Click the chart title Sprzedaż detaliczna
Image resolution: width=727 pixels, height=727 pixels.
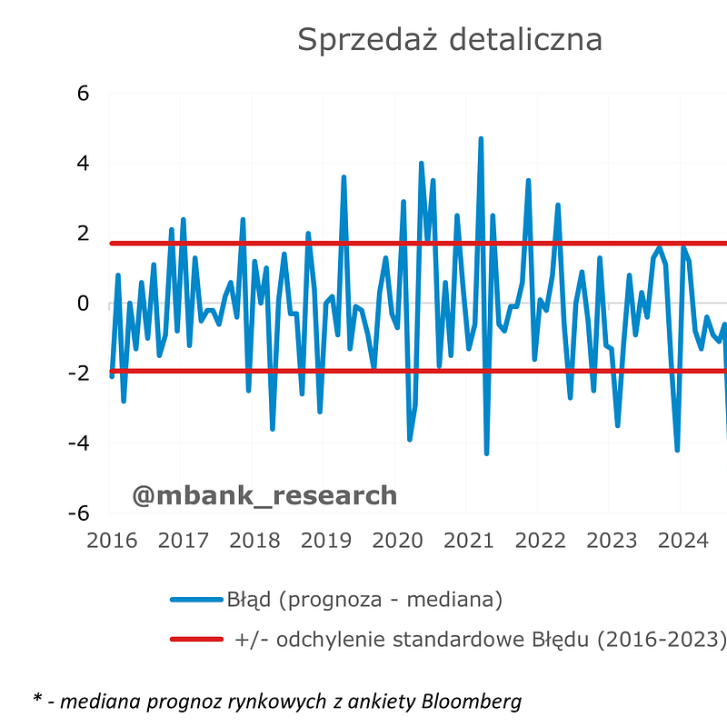click(x=450, y=39)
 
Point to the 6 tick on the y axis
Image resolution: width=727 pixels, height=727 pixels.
click(x=83, y=94)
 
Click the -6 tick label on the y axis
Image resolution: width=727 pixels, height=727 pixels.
click(x=79, y=513)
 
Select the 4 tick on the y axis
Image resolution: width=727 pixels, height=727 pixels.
click(x=83, y=164)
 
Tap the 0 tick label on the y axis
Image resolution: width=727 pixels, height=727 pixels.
click(x=83, y=304)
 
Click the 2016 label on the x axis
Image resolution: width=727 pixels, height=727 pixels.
click(x=112, y=541)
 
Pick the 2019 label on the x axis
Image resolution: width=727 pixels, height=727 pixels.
click(x=326, y=541)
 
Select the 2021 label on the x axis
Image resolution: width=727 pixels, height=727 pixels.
click(x=469, y=541)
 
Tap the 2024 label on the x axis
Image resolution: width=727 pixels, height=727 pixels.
click(x=683, y=541)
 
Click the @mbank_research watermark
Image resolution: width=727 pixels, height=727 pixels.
click(x=264, y=495)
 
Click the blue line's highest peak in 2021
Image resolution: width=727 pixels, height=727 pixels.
click(x=481, y=139)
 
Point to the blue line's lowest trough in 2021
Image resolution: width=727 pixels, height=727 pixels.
click(x=486, y=453)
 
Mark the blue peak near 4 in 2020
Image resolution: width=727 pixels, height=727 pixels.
click(x=421, y=164)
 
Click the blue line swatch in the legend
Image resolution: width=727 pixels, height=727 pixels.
click(x=196, y=600)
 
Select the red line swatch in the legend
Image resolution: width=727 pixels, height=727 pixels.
click(x=196, y=640)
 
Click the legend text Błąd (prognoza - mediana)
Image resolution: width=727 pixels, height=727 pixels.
click(x=364, y=600)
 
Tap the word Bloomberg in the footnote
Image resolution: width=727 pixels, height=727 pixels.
click(x=472, y=702)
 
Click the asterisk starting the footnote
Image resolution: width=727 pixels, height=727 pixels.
click(x=38, y=698)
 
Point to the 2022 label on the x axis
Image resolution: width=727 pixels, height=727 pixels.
click(x=540, y=541)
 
